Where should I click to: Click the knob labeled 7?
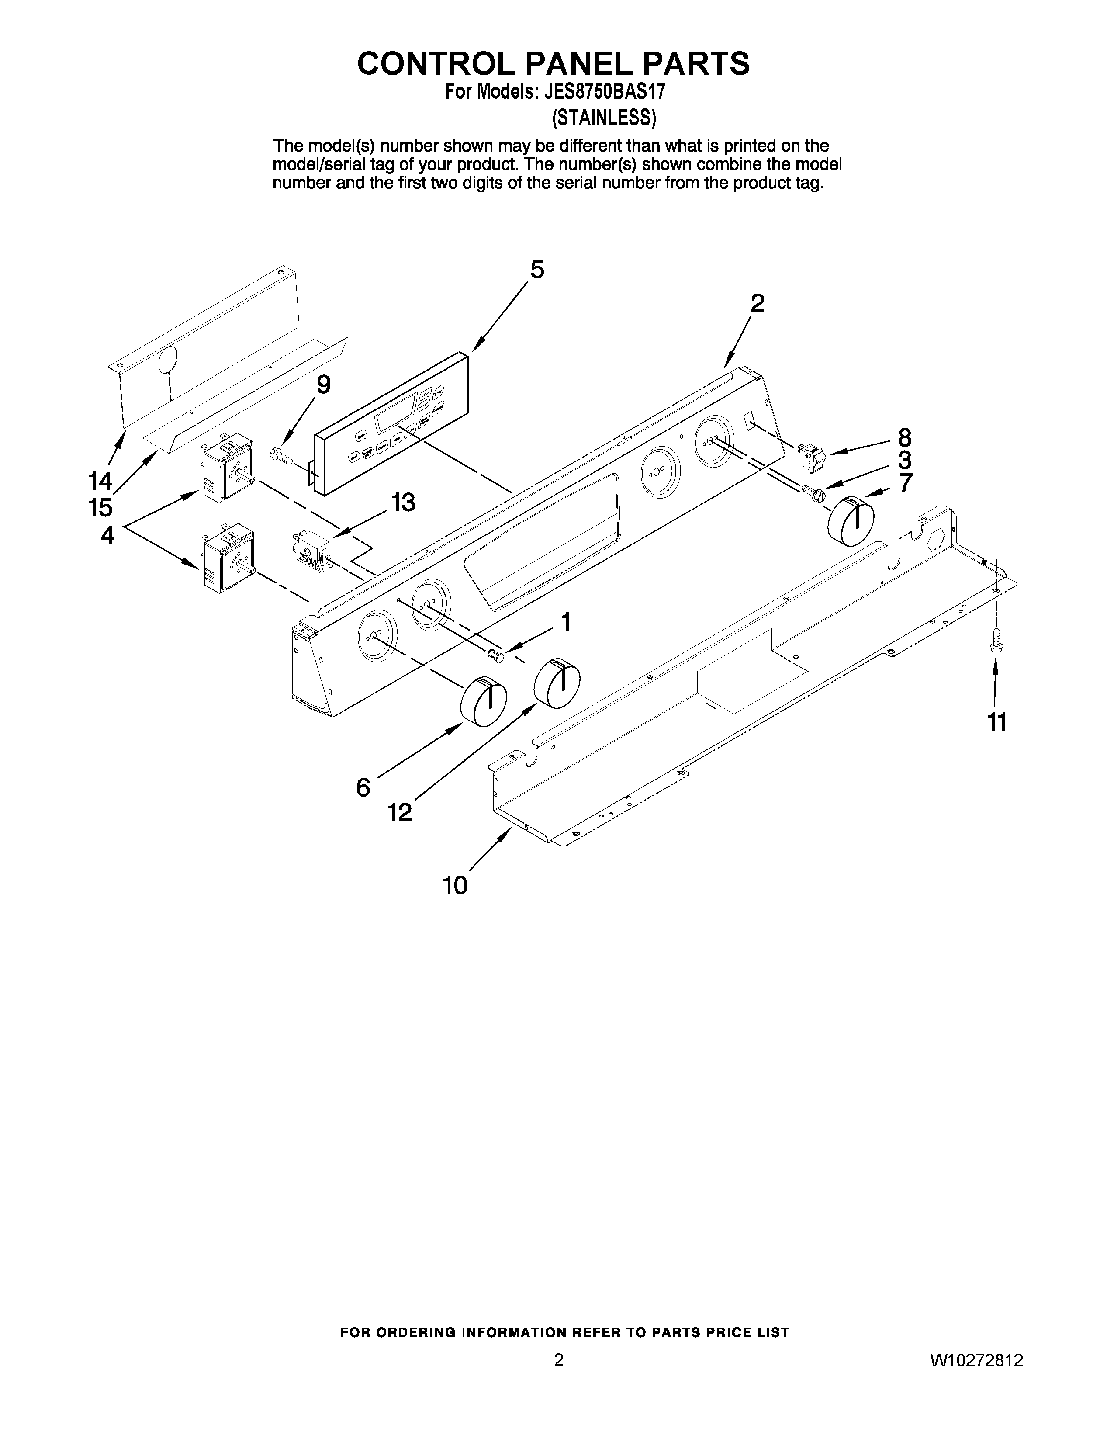pyautogui.click(x=851, y=522)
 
